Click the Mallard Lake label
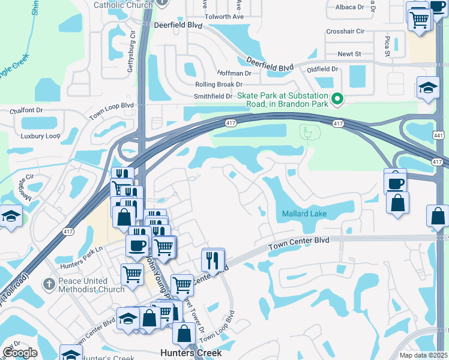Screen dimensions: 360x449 point(304,214)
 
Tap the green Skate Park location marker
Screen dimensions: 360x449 point(337,99)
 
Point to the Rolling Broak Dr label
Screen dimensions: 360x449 point(218,85)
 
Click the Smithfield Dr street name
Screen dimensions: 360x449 point(212,96)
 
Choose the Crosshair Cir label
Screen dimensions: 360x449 point(345,31)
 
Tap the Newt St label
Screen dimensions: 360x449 point(349,54)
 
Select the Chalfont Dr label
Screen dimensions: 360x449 point(27,110)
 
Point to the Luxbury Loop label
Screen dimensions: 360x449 point(40,136)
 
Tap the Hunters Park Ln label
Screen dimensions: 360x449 point(82,253)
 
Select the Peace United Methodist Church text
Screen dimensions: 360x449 point(83,285)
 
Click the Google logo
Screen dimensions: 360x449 point(20,353)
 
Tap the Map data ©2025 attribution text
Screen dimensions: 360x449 point(424,355)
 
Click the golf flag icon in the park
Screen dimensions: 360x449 point(308,131)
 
